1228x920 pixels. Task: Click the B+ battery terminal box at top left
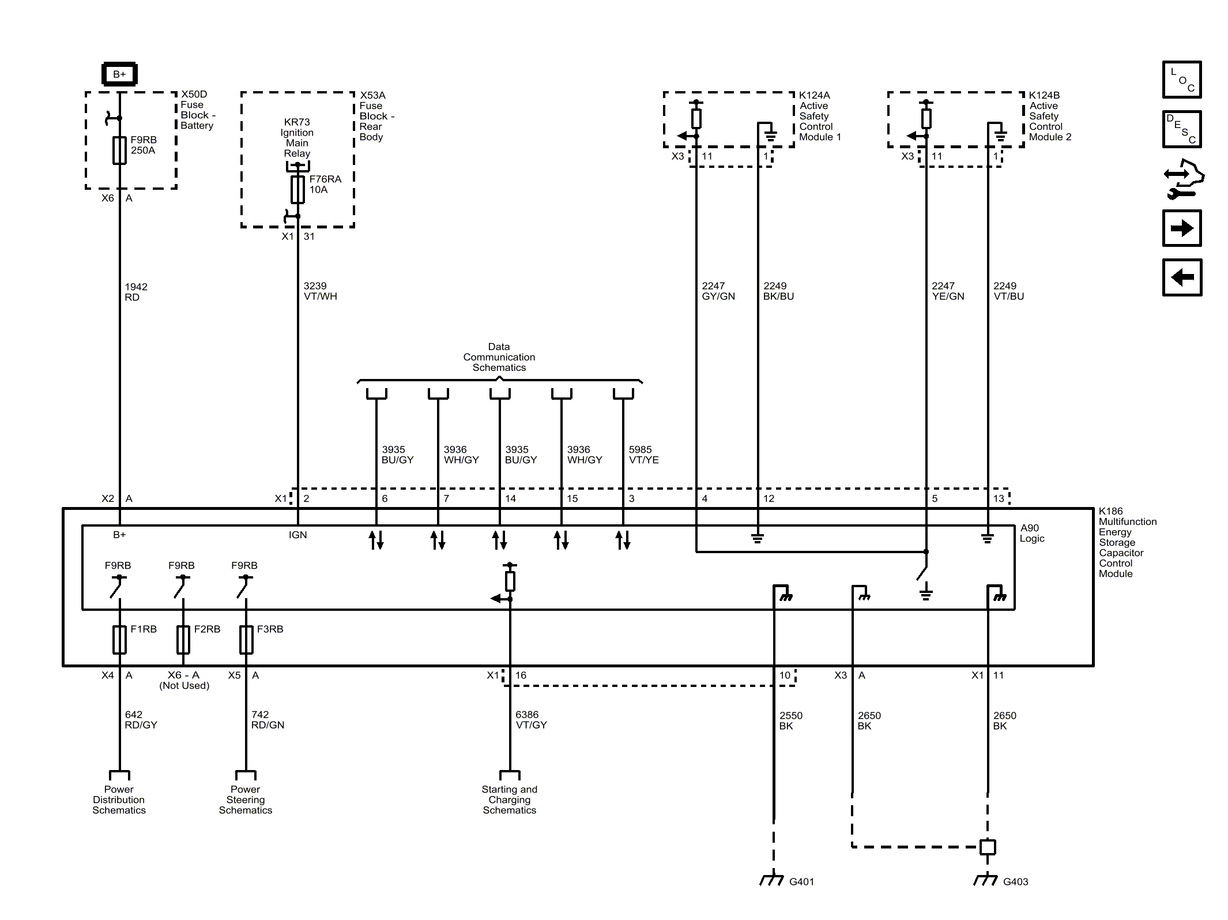119,74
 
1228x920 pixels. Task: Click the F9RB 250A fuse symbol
119,151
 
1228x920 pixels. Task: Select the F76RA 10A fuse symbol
297,189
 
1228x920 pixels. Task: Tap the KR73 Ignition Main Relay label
297,138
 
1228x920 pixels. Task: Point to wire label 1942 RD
135,292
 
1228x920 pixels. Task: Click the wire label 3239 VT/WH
320,291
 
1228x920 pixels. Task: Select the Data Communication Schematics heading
499,357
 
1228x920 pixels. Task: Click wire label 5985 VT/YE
643,455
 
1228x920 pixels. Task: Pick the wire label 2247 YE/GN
947,291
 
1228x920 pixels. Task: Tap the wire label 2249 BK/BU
778,291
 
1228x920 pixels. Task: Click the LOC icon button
1181,80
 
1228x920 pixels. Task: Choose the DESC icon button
1181,129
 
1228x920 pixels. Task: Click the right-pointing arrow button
1181,228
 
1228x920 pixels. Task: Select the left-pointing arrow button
1181,277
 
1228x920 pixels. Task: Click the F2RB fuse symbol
183,639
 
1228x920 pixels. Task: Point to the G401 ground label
801,881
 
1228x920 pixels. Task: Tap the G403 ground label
1015,881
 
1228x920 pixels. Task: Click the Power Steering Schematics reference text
245,799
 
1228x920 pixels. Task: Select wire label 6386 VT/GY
530,720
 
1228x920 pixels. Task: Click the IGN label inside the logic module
297,535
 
